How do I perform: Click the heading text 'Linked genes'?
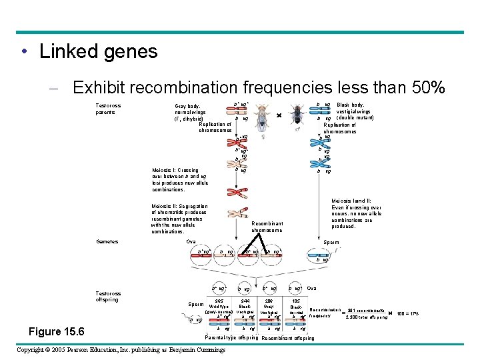click(98, 51)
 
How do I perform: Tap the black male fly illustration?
click(297, 115)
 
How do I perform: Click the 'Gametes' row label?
click(107, 241)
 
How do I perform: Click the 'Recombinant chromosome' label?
click(267, 227)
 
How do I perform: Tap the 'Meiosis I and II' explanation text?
click(357, 213)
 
